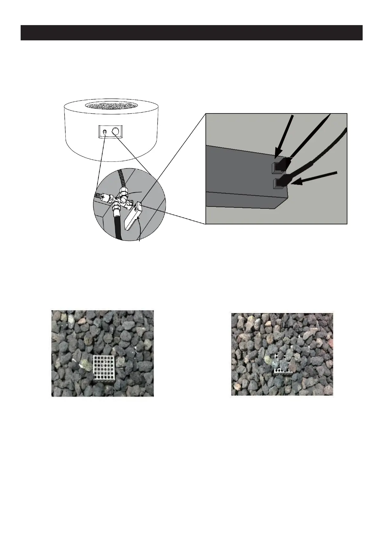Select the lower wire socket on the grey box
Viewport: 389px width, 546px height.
[x=278, y=183]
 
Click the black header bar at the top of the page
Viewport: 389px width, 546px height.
[x=191, y=33]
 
